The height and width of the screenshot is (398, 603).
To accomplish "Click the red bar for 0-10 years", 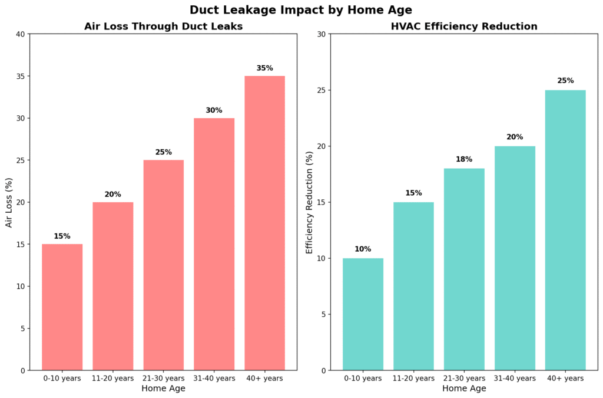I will [62, 307].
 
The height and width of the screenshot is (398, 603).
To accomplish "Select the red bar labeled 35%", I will [264, 223].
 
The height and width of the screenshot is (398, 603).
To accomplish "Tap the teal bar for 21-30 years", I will [464, 269].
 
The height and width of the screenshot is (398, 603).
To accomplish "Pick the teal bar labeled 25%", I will [565, 230].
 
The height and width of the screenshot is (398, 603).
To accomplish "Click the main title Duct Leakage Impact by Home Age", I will [301, 10].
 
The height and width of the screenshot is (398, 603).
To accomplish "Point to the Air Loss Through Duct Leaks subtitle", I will [163, 26].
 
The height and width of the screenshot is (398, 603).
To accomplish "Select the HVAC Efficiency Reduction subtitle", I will [464, 26].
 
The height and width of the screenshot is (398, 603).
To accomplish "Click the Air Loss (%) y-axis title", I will [9, 202].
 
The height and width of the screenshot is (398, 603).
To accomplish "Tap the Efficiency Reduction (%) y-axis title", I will [309, 202].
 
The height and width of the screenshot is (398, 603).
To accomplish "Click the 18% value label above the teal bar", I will [464, 159].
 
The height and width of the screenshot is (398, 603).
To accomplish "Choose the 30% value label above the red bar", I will [214, 110].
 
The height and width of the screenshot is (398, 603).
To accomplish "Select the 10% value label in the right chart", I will [363, 249].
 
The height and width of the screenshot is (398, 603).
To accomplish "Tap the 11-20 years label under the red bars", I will [112, 378].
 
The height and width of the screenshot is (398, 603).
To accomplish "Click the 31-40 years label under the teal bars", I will [515, 378].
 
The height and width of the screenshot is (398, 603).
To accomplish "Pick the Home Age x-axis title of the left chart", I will [163, 389].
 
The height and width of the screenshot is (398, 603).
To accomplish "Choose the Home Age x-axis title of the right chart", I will [464, 389].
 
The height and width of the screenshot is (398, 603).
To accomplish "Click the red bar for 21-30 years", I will [163, 265].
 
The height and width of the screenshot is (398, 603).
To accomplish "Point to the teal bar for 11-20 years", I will [413, 286].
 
